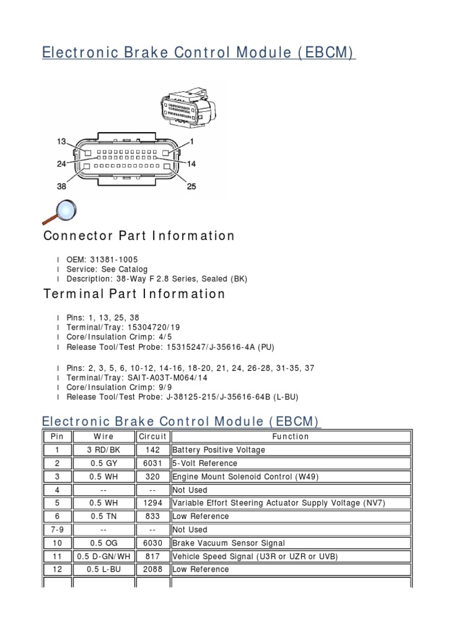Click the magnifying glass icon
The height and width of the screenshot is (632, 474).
[x=60, y=212]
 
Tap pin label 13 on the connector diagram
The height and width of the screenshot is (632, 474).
[x=62, y=142]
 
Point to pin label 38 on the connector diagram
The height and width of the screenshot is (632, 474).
[x=62, y=186]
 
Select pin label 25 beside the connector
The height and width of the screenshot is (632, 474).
[x=191, y=186]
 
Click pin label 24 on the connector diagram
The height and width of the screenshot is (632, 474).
[x=62, y=164]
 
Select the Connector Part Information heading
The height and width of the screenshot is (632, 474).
[x=139, y=236]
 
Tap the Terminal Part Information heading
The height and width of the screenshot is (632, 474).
[x=134, y=294]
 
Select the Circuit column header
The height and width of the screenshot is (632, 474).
[x=152, y=436]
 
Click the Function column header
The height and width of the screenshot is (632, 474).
[x=291, y=436]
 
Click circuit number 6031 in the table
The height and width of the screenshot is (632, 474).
[x=152, y=464]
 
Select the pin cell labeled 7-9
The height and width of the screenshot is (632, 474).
[x=57, y=530]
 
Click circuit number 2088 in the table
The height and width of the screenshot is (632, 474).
[x=152, y=570]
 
